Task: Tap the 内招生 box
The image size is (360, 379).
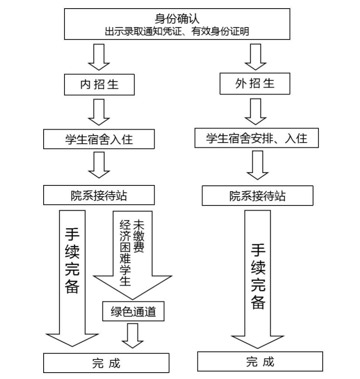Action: (x=99, y=84)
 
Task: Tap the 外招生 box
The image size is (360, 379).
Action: (x=255, y=84)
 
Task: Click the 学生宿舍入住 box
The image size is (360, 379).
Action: (x=99, y=139)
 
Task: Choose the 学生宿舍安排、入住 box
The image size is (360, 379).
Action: (x=256, y=138)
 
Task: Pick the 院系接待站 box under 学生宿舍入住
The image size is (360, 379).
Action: (x=99, y=195)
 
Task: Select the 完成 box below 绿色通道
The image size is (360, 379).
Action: (x=106, y=362)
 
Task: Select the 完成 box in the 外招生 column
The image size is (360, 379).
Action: (x=260, y=361)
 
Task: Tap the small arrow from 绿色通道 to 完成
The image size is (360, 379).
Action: (x=133, y=335)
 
